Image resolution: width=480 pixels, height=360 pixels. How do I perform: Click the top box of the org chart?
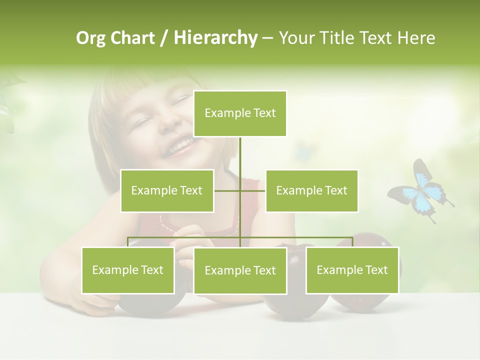(x=240, y=113)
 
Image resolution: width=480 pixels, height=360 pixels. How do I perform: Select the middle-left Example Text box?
(x=167, y=190)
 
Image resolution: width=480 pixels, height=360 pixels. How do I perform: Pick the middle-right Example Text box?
(x=311, y=190)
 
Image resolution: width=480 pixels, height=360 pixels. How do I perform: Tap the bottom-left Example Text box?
(x=128, y=270)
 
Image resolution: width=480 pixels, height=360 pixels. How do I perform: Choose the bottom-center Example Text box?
(x=240, y=270)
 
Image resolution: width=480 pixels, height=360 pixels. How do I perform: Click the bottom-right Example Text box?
(x=352, y=270)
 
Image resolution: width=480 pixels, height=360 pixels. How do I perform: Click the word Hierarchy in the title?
(x=215, y=38)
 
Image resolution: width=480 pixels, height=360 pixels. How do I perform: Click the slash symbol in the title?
(x=164, y=38)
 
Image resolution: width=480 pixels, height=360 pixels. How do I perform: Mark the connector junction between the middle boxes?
(x=240, y=190)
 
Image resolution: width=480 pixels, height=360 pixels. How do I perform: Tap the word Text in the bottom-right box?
(x=376, y=270)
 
